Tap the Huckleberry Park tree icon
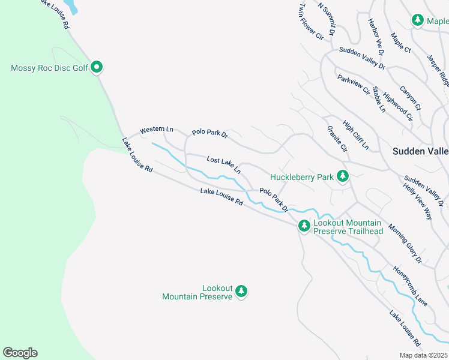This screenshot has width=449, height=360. click(343, 176)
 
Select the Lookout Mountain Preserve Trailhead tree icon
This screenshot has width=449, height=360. click(304, 226)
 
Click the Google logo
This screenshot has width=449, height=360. click(20, 353)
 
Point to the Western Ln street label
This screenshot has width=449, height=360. click(156, 130)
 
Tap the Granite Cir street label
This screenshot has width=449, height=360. click(337, 139)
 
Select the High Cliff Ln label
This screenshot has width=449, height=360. click(356, 135)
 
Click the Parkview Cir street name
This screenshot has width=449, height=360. click(353, 86)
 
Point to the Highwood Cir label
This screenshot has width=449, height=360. click(398, 106)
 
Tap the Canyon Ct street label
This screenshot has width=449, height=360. click(411, 98)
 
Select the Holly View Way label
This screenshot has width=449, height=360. click(418, 200)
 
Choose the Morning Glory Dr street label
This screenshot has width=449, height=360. click(405, 244)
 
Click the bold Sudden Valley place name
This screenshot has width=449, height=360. click(420, 152)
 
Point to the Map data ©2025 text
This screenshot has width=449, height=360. click(423, 355)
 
